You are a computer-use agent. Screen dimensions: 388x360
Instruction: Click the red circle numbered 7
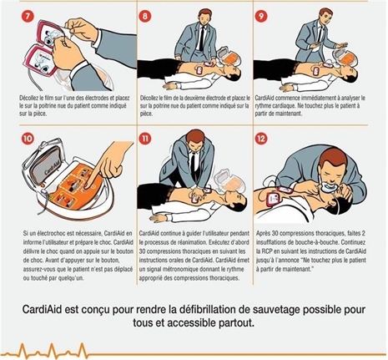point(27,17)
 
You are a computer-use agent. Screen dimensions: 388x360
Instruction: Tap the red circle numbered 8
point(144,16)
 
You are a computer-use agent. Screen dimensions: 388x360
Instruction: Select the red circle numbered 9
point(261,16)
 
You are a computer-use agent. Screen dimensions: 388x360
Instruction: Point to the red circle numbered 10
point(28,138)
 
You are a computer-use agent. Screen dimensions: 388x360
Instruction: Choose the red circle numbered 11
point(144,138)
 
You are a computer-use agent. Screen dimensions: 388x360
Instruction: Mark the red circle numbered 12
point(261,138)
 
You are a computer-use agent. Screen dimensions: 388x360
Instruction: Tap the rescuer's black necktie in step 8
point(202,38)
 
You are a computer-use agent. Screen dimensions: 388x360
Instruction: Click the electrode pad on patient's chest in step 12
point(274,199)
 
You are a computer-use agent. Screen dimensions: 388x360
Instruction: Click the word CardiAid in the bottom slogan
point(43,310)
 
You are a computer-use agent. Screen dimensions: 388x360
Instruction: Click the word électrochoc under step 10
point(51,233)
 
